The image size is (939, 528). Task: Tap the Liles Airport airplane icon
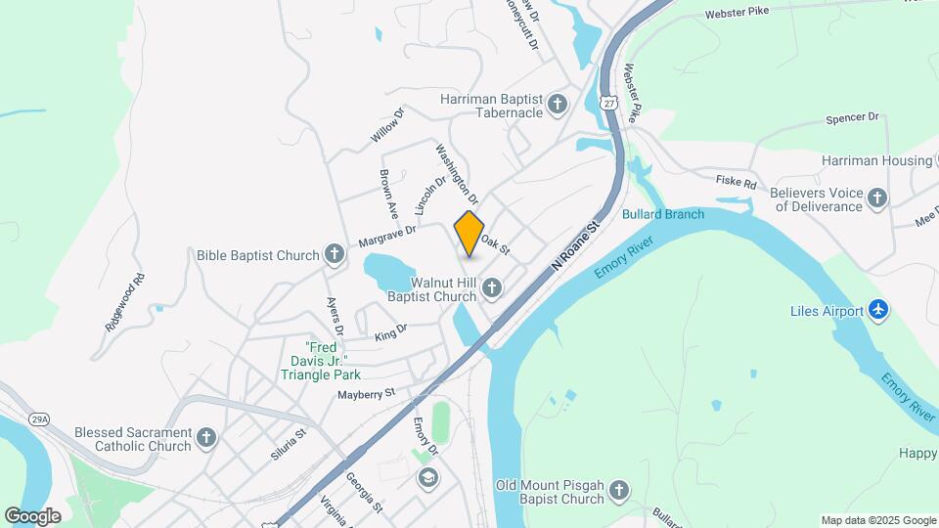coord(878,311)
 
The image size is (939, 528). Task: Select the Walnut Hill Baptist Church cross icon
coord(492,287)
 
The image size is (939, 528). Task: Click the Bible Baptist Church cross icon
coord(335,255)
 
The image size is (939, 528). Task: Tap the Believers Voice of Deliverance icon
coord(878,199)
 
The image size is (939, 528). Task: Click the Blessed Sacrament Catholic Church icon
coord(206,438)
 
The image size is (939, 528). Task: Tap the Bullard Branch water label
coord(663,214)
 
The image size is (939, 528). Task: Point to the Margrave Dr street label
coord(387,236)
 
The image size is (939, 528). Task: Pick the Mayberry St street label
coord(366,394)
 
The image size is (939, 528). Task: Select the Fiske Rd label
coord(737,183)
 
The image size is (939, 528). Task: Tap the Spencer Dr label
coord(852,117)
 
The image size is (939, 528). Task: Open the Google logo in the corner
coord(32,515)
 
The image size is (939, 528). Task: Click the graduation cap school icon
coord(426,477)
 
